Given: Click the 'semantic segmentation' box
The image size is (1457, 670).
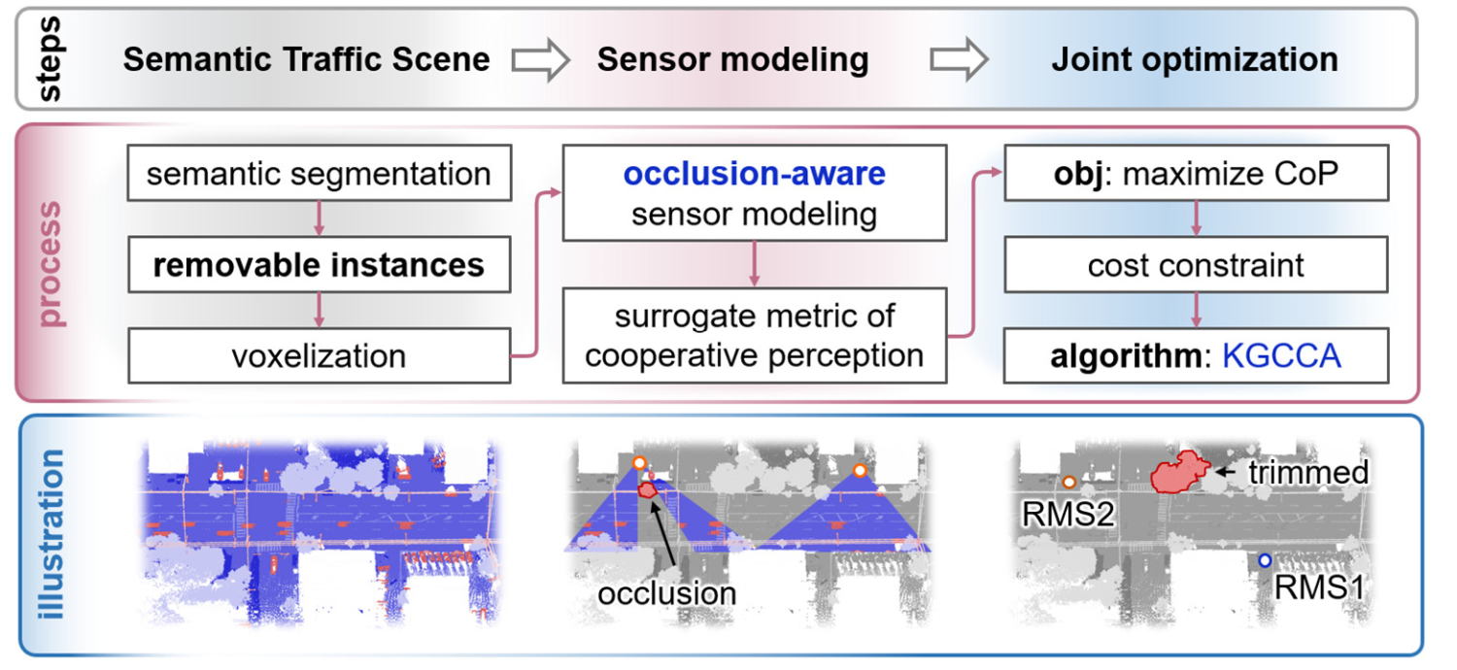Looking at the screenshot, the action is coord(320,173).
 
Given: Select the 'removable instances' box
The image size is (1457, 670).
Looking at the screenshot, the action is coord(320,265).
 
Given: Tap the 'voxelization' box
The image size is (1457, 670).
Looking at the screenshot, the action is coord(320,355).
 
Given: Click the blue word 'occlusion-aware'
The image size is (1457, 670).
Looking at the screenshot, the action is coord(755,174).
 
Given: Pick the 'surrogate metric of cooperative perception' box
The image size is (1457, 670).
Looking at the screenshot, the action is coord(755,336).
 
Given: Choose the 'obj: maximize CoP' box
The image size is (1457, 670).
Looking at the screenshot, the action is coord(1196,173).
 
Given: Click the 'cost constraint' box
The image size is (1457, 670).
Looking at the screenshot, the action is coord(1196,265).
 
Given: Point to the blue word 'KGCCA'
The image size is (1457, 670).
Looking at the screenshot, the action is coord(1281,355).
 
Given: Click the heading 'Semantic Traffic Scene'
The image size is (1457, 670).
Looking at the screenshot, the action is coord(306,59).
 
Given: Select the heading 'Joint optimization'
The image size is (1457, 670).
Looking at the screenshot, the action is coord(1195,59).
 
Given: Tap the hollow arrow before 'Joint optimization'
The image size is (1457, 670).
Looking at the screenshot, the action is coord(960,59).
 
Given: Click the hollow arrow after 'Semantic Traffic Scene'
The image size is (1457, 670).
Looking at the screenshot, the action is coord(540,59).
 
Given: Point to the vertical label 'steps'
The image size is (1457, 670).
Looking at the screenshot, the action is coord(50,59).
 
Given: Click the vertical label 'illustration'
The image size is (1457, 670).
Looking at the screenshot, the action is coord(51,534).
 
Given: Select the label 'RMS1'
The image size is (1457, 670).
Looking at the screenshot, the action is coord(1319,587).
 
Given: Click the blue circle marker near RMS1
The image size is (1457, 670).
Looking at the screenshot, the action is coord(1265,560).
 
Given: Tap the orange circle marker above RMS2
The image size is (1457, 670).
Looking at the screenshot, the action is coord(1068,482).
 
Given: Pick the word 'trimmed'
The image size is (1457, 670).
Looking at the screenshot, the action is coord(1308,472).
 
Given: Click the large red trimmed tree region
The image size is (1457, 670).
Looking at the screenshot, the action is coord(1178,472).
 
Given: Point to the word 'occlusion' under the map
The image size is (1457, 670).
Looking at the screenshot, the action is coord(667,593).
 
